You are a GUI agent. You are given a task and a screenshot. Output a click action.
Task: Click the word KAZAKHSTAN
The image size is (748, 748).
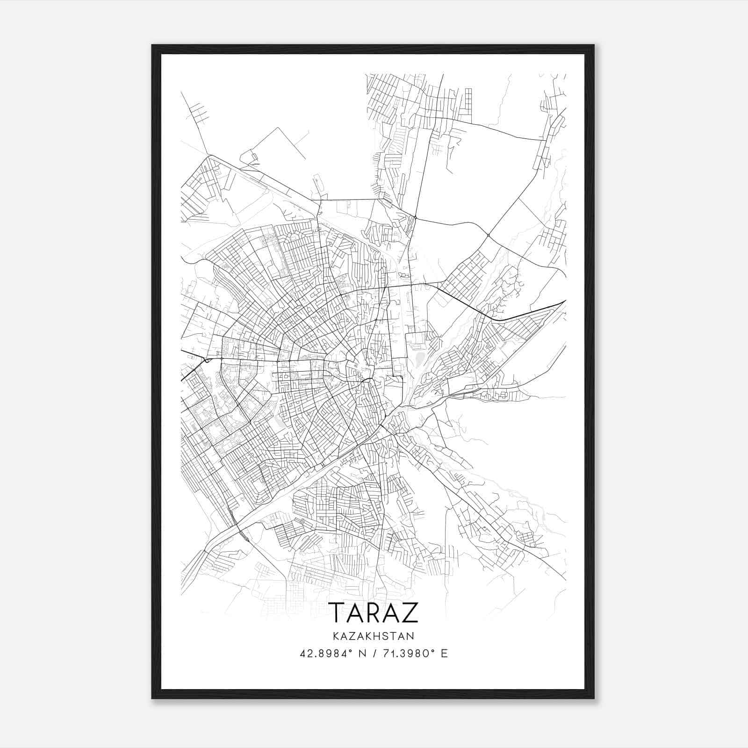point(374,636)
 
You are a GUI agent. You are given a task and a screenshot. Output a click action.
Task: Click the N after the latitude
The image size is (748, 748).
point(361,654)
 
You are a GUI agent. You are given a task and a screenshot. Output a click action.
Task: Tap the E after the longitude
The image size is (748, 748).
point(444,654)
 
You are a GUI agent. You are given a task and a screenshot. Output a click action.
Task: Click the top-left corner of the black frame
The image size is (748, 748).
point(153,46)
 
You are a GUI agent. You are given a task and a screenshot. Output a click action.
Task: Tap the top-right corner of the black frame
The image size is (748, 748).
point(593,46)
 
